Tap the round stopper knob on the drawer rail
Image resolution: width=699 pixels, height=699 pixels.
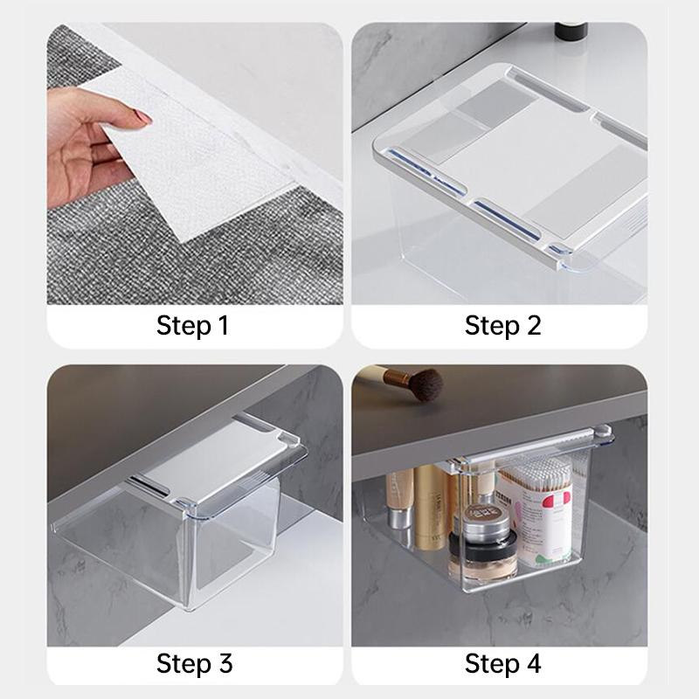(603, 431)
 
